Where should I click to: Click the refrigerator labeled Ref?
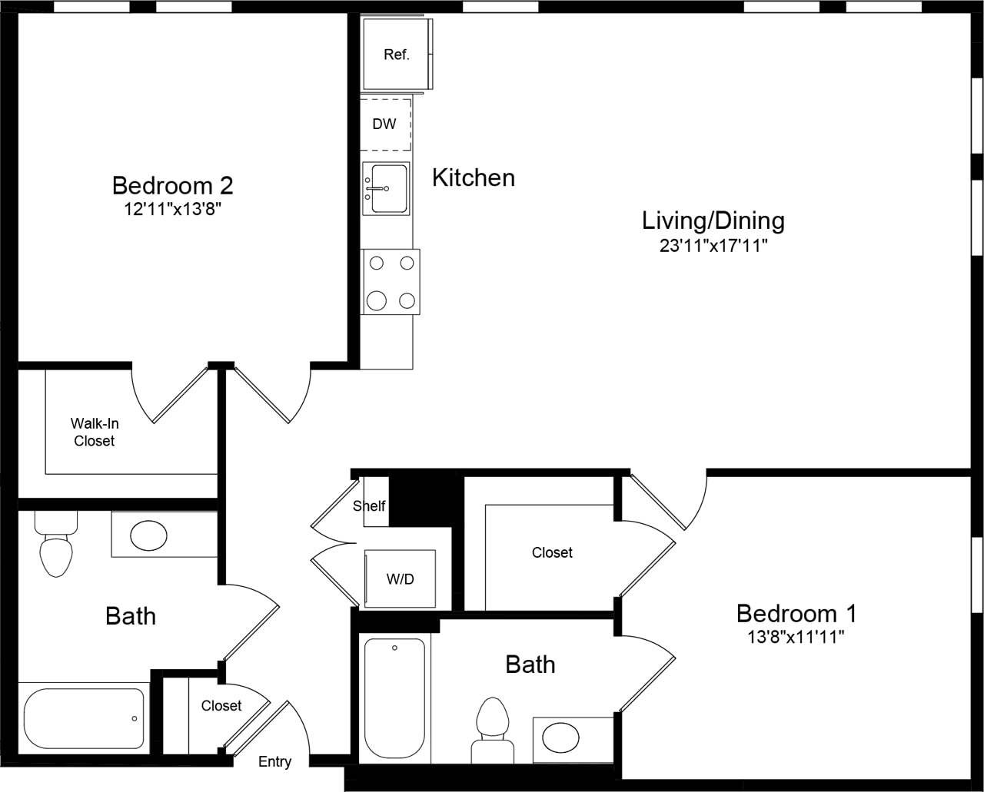pyautogui.click(x=397, y=55)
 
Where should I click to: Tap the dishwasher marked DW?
pyautogui.click(x=384, y=124)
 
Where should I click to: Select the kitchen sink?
pyautogui.click(x=386, y=188)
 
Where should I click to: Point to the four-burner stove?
pyautogui.click(x=391, y=281)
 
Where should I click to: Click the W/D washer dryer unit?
pyautogui.click(x=399, y=578)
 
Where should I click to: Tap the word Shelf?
pyautogui.click(x=369, y=506)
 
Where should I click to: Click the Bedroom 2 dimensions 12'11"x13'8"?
pyautogui.click(x=173, y=210)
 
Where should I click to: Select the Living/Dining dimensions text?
pyautogui.click(x=713, y=246)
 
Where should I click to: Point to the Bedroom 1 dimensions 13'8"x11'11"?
pyautogui.click(x=796, y=637)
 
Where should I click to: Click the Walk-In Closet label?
pyautogui.click(x=94, y=432)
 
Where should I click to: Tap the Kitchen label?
pyautogui.click(x=473, y=177)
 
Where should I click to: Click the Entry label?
pyautogui.click(x=274, y=762)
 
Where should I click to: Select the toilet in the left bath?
pyautogui.click(x=55, y=545)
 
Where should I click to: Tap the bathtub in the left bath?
pyautogui.click(x=84, y=718)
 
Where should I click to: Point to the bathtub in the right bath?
pyautogui.click(x=394, y=698)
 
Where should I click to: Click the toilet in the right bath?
pyautogui.click(x=493, y=730)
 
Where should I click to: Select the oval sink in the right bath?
pyautogui.click(x=561, y=738)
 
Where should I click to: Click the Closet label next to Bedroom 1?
pyautogui.click(x=552, y=552)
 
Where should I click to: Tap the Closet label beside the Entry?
pyautogui.click(x=221, y=705)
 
